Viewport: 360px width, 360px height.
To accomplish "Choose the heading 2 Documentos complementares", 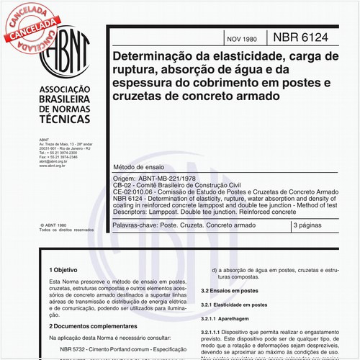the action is [x=91, y=326].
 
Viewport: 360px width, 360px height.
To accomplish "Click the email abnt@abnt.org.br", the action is [x=45, y=162].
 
